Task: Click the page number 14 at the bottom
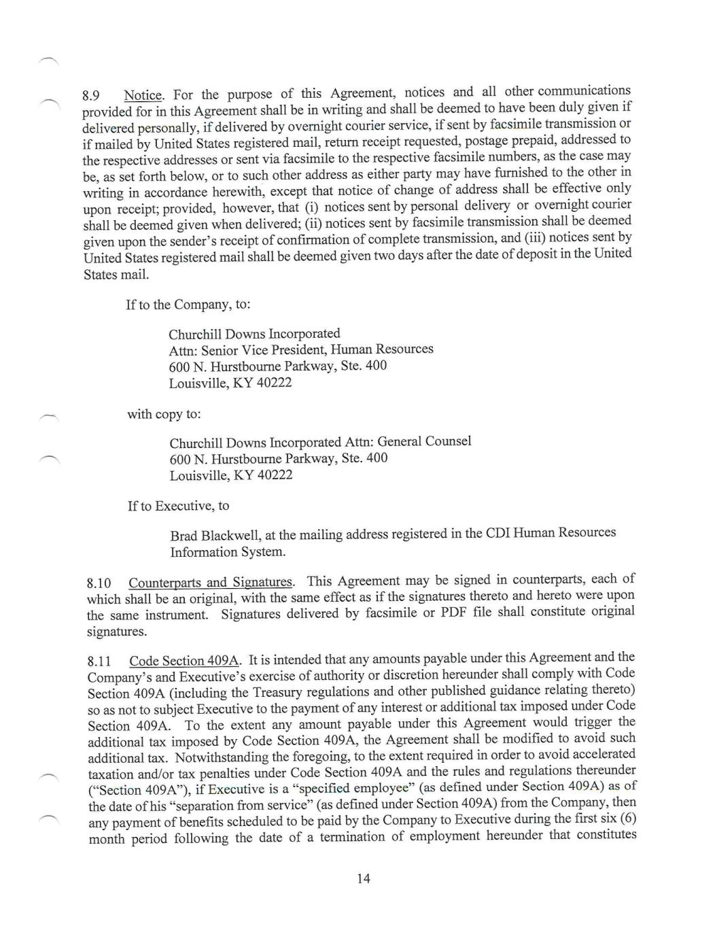363,878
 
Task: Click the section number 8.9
92,96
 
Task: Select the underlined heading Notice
143,95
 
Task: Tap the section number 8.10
99,583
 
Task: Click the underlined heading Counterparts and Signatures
211,583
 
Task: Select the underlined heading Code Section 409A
184,661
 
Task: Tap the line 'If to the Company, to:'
188,305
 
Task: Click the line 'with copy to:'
164,414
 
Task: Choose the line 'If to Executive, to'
178,506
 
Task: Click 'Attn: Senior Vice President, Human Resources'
301,350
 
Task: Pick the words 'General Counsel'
424,441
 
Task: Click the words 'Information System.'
228,552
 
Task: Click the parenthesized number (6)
628,818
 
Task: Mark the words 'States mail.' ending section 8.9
116,275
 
